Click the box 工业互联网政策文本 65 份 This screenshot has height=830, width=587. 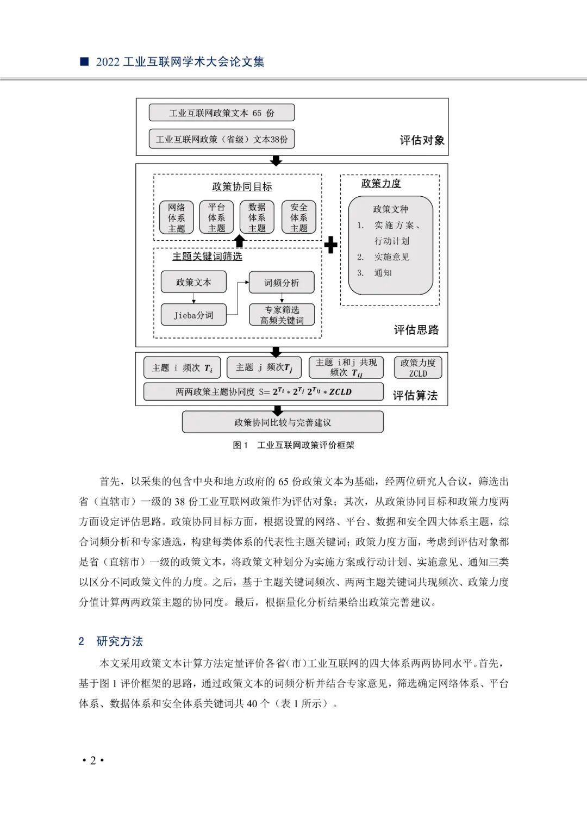222,113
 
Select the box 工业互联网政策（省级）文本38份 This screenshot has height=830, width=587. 222,139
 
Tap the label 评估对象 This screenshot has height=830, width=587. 422,140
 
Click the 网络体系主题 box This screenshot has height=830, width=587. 177,217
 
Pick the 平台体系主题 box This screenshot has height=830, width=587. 216,217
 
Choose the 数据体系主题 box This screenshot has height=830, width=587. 257,217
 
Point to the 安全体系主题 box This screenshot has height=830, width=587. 299,217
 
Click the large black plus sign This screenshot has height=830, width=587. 330,245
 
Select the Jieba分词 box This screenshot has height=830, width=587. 193,315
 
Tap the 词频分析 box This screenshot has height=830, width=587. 282,283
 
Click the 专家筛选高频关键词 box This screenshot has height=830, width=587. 282,315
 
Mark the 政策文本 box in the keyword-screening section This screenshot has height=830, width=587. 193,282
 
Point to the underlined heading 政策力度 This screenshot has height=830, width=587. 381,184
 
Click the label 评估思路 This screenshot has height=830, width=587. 416,330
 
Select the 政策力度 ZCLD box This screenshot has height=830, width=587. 418,367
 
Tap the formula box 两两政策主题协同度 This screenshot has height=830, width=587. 264,391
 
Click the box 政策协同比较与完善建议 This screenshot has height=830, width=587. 283,422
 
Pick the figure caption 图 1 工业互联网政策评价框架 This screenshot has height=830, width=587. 293,445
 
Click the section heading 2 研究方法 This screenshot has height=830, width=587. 111,641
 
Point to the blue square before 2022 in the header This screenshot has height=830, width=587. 84,61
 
